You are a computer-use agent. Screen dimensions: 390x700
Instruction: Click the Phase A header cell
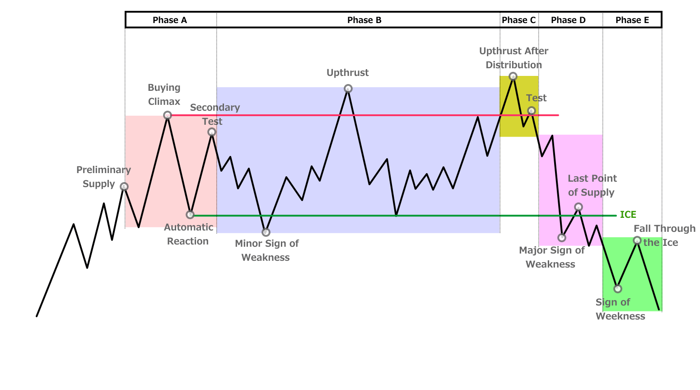coord(170,20)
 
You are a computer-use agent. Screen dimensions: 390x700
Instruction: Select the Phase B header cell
coord(364,20)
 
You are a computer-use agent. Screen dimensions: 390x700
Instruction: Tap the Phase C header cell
coord(518,20)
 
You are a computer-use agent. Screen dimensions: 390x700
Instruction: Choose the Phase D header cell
coord(568,20)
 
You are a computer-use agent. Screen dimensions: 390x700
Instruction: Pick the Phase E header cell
coord(632,20)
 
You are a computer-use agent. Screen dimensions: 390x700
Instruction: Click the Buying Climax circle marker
coord(168,115)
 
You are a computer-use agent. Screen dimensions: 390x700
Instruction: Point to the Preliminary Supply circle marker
coord(124,187)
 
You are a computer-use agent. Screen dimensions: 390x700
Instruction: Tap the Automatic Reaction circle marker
coord(190,215)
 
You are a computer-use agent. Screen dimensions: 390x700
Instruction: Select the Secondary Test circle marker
coord(212,132)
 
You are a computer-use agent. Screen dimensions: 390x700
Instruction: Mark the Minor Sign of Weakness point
coord(266,232)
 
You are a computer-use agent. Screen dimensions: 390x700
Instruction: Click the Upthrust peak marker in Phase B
coord(348,89)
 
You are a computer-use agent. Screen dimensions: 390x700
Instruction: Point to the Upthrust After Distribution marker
coord(513,76)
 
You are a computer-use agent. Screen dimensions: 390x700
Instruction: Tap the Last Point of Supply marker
coord(579,207)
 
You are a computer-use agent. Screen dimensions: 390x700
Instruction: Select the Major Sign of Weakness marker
coord(562,238)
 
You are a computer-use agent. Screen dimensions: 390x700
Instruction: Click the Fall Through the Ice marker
coord(637,240)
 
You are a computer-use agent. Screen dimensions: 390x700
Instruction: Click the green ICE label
coord(628,215)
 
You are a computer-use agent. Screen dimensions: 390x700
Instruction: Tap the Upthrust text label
coord(347,73)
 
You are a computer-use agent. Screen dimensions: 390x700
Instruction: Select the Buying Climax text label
coord(164,94)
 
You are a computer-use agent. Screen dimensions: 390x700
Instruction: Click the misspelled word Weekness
coord(620,316)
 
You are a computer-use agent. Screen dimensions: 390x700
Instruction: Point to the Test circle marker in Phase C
coord(532,111)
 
